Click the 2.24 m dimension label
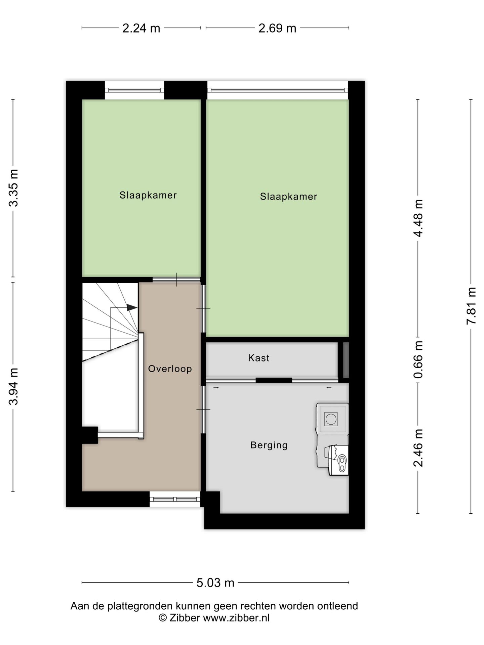[141, 28]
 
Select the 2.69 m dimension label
[277, 28]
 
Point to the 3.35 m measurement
[14, 188]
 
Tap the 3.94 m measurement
[14, 387]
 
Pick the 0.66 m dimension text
[418, 360]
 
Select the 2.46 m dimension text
[418, 448]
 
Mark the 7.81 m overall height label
[471, 306]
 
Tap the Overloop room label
[170, 369]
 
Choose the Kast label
[259, 358]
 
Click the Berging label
[269, 445]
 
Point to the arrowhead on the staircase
[132, 307]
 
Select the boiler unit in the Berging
[338, 460]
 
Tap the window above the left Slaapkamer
[134, 90]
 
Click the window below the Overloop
[175, 499]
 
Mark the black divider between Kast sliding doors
[274, 380]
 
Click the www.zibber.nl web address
[236, 618]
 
